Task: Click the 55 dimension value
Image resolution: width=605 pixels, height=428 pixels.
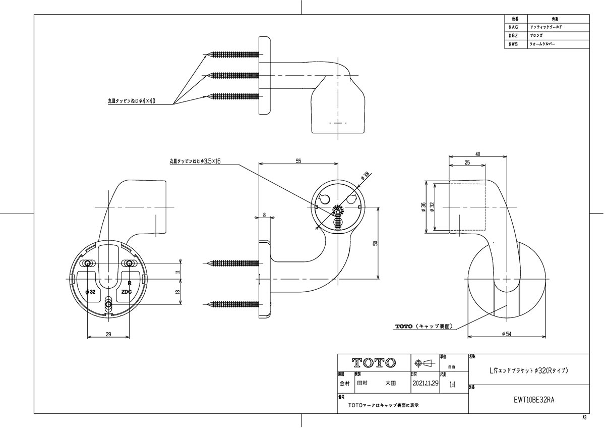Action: point(298,161)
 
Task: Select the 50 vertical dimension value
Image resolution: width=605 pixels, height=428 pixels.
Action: point(375,243)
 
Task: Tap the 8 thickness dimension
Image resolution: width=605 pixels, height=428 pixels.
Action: point(264,215)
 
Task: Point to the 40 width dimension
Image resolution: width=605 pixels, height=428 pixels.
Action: point(477,153)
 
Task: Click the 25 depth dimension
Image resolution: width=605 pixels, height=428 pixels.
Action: point(467,163)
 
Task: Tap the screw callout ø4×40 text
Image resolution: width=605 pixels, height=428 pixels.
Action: point(132,101)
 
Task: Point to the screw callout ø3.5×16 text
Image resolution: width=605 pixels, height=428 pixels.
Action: point(196,161)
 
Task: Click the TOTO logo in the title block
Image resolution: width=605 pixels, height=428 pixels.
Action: point(374,362)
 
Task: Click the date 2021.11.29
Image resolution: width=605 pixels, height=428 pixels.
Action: point(425,383)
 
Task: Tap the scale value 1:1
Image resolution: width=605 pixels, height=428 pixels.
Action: point(451,385)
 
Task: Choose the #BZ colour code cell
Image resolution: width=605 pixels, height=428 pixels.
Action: point(514,36)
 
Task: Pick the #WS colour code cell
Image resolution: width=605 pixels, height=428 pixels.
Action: point(514,44)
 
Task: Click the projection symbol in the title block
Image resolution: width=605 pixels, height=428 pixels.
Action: point(423,362)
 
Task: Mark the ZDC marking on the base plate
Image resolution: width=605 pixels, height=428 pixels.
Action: point(127,292)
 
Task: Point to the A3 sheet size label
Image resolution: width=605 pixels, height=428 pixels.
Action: point(584,418)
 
